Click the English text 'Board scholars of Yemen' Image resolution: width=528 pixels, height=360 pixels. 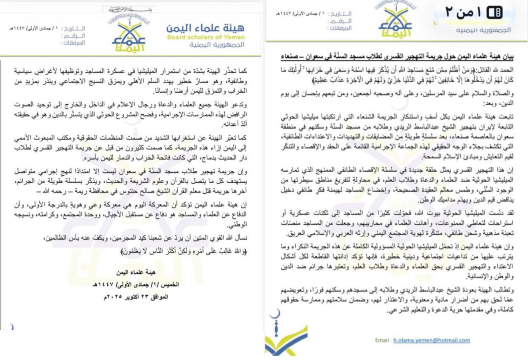tap(205, 38)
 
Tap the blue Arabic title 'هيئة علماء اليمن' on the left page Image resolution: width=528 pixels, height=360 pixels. tap(205, 28)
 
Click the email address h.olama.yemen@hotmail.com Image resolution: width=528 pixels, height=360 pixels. tap(431, 340)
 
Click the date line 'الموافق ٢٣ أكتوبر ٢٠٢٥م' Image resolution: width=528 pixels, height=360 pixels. tap(133, 296)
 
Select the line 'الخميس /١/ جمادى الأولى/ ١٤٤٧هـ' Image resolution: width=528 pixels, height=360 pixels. tap(133, 285)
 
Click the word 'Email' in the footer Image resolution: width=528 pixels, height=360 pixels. tap(382, 340)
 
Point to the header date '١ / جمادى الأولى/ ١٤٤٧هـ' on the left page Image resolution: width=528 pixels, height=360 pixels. tap(35, 28)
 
